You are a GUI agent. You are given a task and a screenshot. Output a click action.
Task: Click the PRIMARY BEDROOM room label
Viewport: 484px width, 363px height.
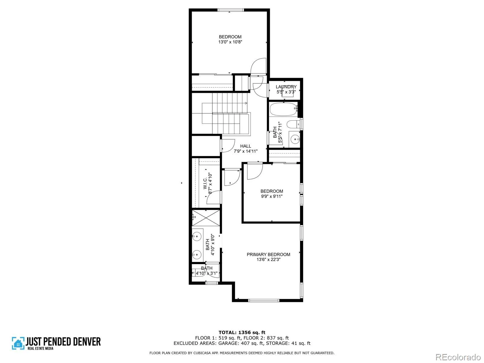[268, 254]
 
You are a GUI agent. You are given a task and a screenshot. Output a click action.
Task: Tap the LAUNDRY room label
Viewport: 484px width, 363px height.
[286, 87]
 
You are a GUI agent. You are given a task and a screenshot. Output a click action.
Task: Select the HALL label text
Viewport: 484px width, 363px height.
[245, 146]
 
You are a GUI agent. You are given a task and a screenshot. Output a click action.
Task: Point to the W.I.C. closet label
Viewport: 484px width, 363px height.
[205, 183]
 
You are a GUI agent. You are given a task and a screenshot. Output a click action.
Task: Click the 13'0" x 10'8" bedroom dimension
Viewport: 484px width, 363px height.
[230, 42]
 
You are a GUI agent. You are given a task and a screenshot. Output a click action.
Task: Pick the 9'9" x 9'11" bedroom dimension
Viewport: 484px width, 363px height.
[272, 196]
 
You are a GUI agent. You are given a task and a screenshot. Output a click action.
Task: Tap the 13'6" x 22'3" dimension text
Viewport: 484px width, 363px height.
[268, 260]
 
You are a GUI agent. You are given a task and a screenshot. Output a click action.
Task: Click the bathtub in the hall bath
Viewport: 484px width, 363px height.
[284, 109]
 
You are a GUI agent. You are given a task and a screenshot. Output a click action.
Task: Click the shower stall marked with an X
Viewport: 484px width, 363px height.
[206, 218]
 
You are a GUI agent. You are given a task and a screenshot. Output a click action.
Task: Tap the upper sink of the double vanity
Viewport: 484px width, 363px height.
[197, 237]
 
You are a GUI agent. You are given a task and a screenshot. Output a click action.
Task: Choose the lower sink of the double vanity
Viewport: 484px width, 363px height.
[197, 255]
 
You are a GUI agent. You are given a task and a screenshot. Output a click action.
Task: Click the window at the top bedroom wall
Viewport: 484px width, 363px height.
[231, 10]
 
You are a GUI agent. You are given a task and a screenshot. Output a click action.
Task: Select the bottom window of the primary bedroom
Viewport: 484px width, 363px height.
[263, 300]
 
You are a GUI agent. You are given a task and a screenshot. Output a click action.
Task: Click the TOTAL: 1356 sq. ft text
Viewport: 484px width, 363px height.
[242, 332]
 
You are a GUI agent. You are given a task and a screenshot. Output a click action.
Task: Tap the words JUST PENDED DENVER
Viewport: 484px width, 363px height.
[63, 342]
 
